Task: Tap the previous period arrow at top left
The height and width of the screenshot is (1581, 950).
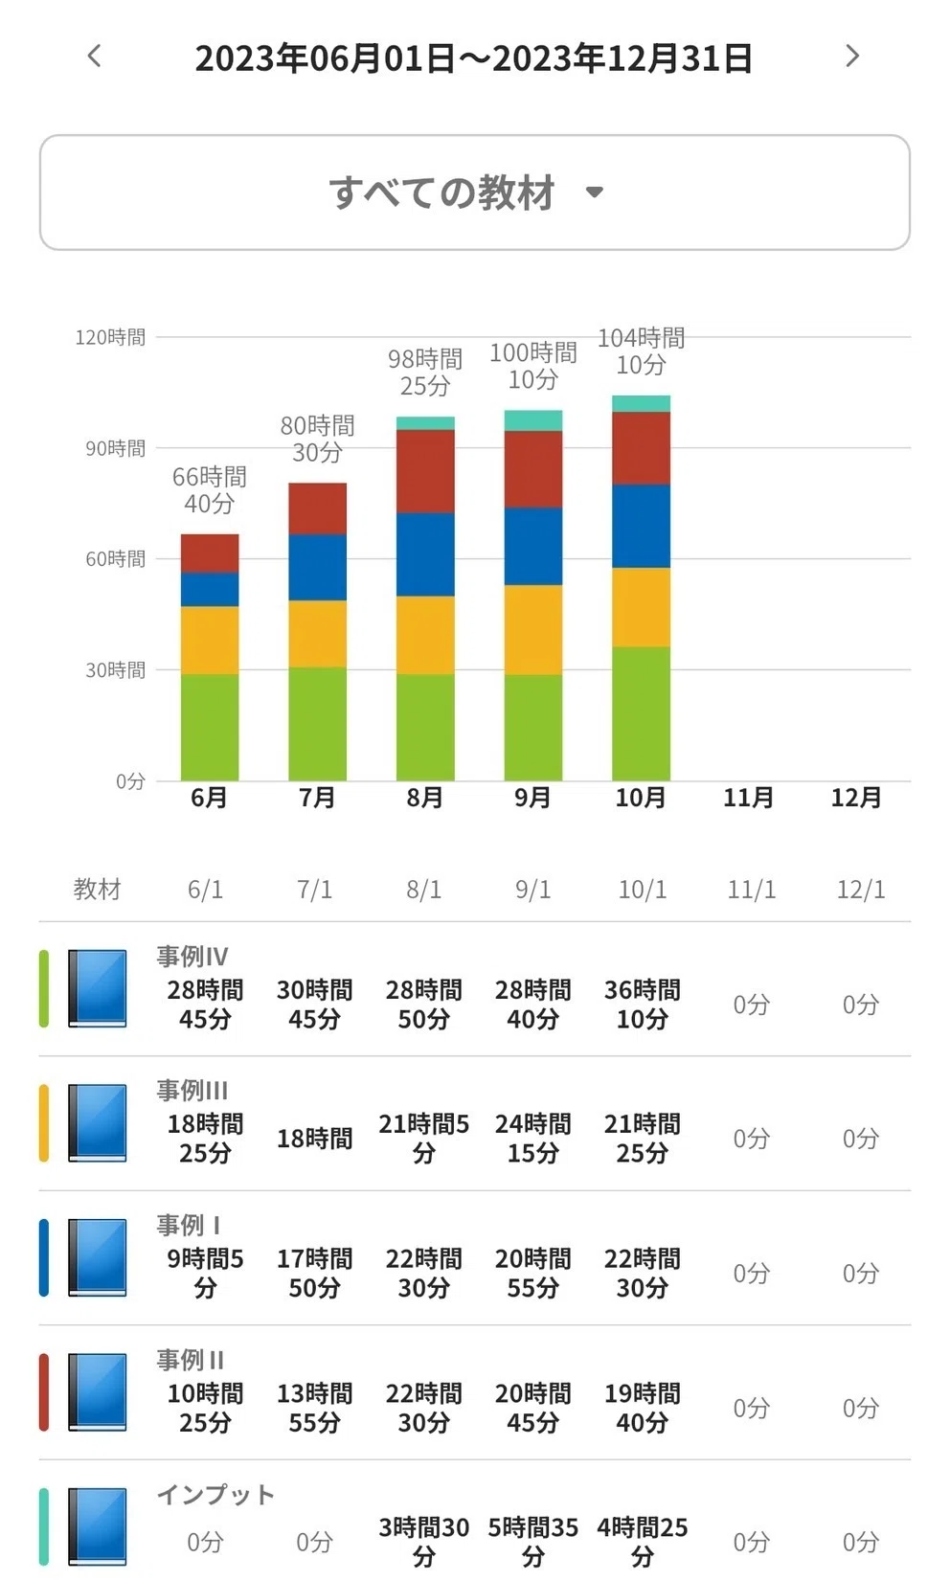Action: [95, 56]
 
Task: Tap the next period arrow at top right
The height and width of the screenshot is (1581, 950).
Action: [852, 56]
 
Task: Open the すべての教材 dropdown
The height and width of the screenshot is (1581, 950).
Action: [474, 192]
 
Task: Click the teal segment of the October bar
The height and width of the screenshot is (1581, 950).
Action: [641, 404]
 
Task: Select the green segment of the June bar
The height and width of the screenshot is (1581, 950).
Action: [210, 727]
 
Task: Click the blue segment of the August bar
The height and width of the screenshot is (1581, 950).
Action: [425, 554]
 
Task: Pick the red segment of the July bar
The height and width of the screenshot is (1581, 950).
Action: [318, 508]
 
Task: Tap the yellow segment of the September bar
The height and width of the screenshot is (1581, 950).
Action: [533, 629]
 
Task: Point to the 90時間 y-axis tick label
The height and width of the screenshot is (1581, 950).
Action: [116, 448]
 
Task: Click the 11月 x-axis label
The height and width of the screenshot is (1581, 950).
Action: [748, 798]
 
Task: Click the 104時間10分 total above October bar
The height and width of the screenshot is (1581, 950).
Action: [641, 351]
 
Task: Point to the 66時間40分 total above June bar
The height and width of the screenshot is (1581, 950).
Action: [210, 490]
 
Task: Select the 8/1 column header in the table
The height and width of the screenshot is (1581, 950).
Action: [423, 890]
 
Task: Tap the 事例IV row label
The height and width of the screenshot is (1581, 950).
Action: [192, 957]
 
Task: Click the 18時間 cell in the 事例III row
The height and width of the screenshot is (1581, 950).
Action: [314, 1139]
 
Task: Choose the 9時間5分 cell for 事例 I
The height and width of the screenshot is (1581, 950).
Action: [205, 1274]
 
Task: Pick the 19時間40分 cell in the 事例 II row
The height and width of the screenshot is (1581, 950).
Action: [642, 1408]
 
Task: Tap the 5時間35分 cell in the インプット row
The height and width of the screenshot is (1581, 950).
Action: [532, 1542]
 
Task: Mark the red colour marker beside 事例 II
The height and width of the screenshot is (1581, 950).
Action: [44, 1392]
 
